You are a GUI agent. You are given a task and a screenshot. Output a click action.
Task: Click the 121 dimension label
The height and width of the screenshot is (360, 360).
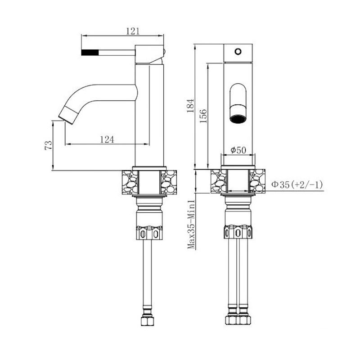click(x=133, y=31)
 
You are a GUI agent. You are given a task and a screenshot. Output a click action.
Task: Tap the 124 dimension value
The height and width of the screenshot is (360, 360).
click(x=107, y=139)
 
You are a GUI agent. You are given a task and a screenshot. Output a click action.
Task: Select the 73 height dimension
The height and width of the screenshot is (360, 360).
click(x=49, y=145)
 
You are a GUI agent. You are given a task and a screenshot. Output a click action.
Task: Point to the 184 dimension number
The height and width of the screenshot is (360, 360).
click(x=190, y=106)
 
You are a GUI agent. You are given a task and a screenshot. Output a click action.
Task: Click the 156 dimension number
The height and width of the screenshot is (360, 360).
click(x=203, y=116)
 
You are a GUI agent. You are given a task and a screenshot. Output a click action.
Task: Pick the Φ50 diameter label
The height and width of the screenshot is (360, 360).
click(x=238, y=150)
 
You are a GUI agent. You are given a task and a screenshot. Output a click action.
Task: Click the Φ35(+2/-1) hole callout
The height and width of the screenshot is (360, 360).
click(x=297, y=184)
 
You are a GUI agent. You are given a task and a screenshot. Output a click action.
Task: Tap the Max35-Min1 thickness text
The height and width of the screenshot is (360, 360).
click(x=191, y=225)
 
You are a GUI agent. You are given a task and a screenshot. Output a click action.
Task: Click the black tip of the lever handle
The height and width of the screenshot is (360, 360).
click(x=90, y=52)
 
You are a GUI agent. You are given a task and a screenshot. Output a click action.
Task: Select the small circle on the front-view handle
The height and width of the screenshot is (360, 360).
click(x=238, y=51)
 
